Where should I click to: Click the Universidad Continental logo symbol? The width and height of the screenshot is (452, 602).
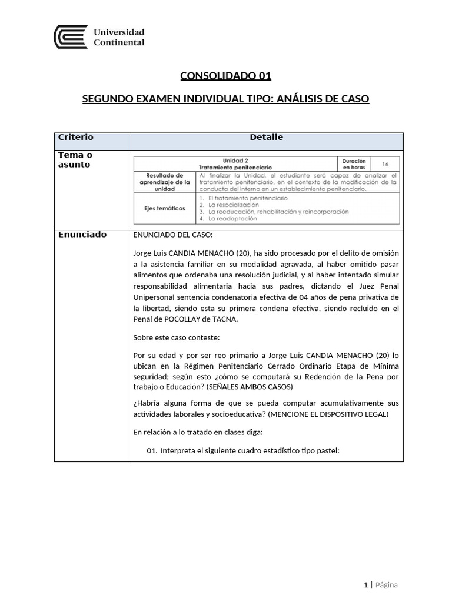[x=71, y=36]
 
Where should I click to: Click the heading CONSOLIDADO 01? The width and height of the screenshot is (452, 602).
[x=225, y=75]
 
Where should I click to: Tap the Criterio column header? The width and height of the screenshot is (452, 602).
[x=75, y=138]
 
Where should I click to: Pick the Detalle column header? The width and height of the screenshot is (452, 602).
[x=266, y=138]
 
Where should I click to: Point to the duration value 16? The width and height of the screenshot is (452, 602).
[x=385, y=164]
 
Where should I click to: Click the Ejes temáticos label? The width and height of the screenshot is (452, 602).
[x=165, y=208]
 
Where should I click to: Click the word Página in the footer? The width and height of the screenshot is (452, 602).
[x=387, y=585]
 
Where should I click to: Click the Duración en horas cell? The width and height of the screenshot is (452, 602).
[x=354, y=164]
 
